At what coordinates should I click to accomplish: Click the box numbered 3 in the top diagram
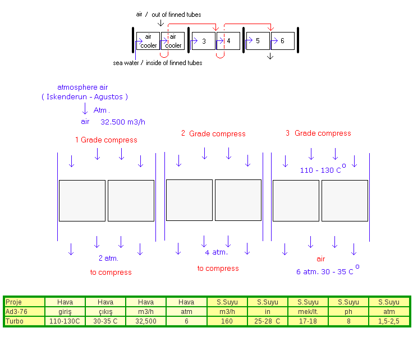click(x=203, y=41)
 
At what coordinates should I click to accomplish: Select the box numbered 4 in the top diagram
click(x=229, y=41)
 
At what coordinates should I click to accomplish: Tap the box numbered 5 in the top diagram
click(x=258, y=41)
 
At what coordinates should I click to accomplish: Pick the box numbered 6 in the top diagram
click(x=283, y=41)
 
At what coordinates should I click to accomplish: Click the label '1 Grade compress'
click(x=106, y=140)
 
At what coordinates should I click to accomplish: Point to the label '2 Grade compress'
click(x=213, y=134)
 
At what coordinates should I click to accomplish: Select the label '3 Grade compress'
click(x=318, y=133)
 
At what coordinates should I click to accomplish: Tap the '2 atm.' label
click(x=109, y=259)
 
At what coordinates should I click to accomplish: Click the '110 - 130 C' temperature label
click(x=321, y=170)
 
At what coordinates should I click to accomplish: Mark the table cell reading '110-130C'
click(x=65, y=321)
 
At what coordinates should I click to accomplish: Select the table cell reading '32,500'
click(x=146, y=321)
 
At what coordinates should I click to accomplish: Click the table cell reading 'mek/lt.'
click(x=308, y=312)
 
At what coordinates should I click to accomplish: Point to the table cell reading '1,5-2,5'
click(x=389, y=321)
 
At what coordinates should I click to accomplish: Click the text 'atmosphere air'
click(x=83, y=87)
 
